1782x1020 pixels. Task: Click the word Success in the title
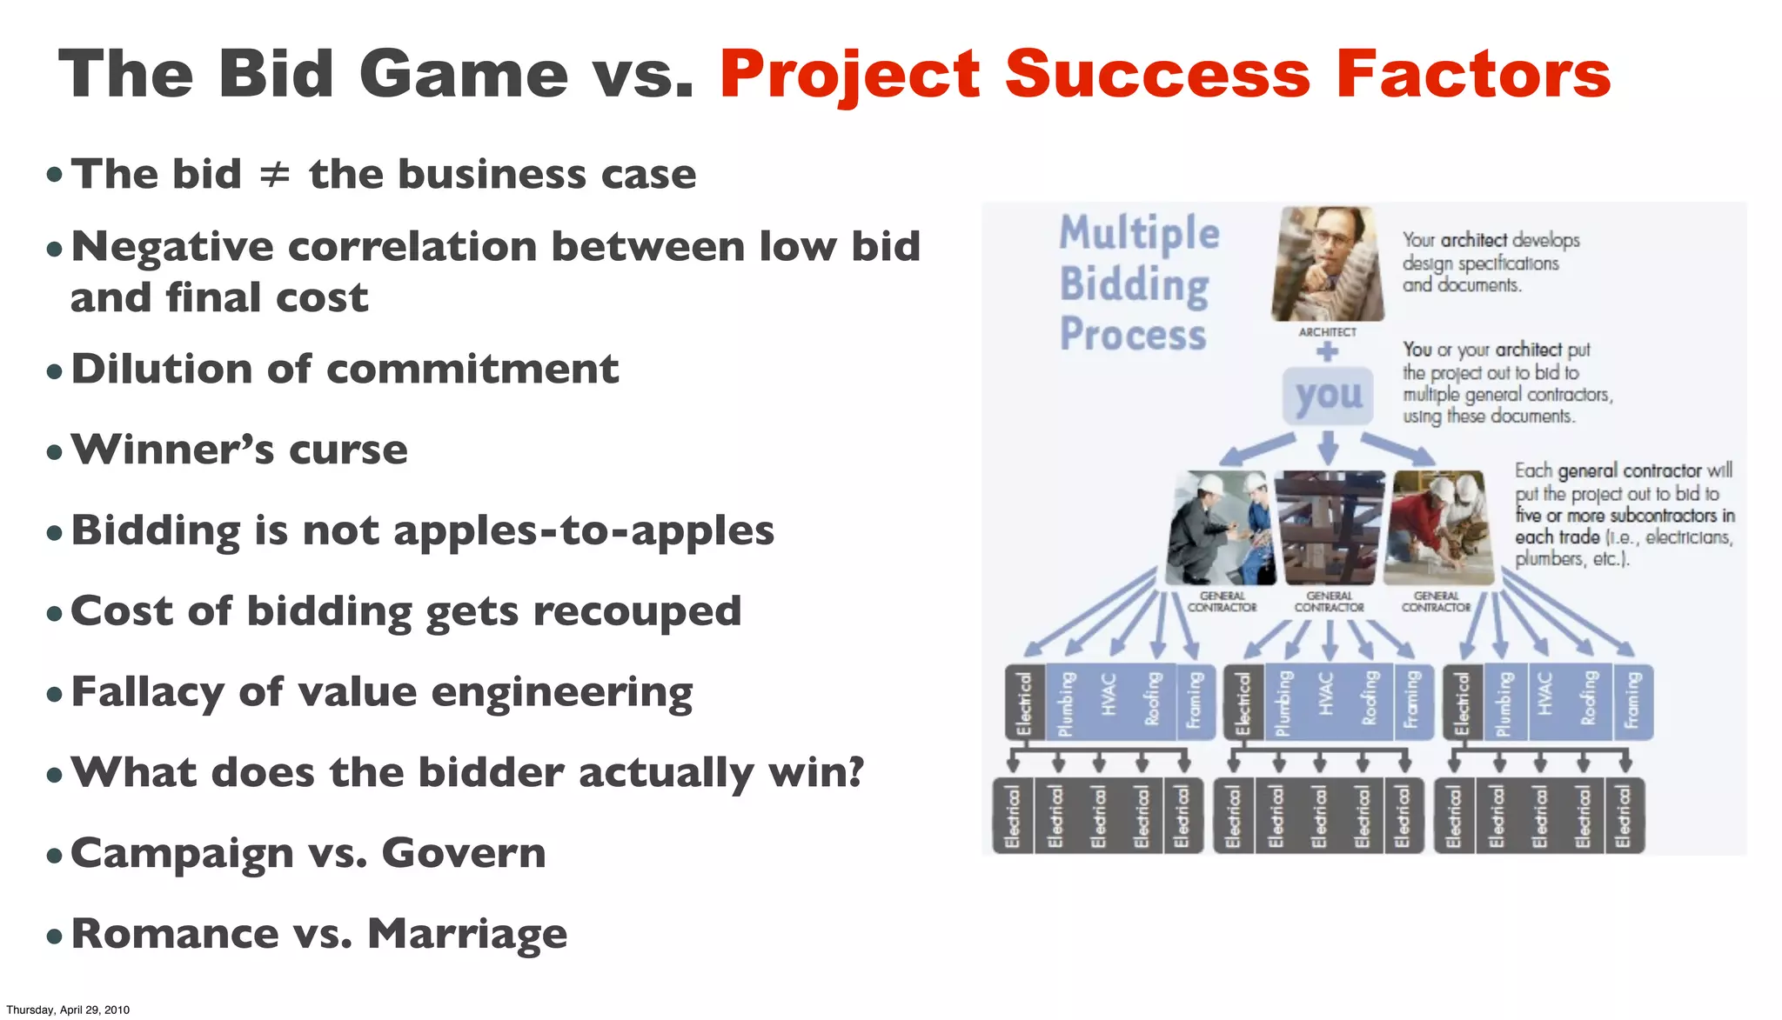(x=1157, y=75)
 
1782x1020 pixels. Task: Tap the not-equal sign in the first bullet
(x=274, y=175)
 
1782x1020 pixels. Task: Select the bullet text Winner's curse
(x=239, y=450)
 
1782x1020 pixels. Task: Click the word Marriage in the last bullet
(x=467, y=934)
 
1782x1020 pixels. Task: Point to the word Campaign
(x=182, y=854)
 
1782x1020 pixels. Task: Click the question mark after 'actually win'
(x=855, y=771)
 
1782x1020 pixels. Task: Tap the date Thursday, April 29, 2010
(x=68, y=1010)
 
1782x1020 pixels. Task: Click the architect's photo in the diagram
(x=1326, y=263)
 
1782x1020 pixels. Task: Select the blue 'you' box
(x=1328, y=396)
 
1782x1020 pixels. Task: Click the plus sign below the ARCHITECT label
(x=1327, y=352)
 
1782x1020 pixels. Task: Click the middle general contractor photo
(x=1329, y=527)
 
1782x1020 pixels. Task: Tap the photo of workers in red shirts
(x=1437, y=527)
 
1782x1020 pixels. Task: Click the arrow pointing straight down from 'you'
(x=1328, y=449)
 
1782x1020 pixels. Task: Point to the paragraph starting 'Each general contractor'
(x=1624, y=515)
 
